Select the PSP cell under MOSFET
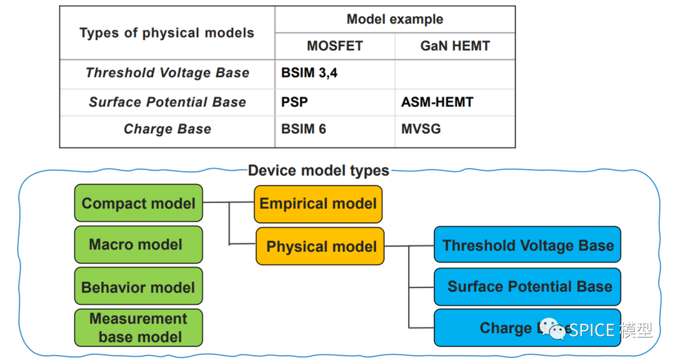point(294,102)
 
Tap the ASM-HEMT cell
point(437,102)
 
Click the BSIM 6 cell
point(304,129)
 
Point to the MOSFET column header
point(334,46)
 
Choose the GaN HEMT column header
point(455,46)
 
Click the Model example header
point(394,19)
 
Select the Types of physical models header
point(167,33)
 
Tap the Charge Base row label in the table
point(167,129)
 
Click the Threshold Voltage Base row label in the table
point(167,73)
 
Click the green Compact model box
point(138,203)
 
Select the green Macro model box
point(138,244)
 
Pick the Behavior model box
point(138,287)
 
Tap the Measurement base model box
point(138,327)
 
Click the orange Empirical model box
point(317,204)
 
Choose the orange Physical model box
point(320,246)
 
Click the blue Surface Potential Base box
point(527,287)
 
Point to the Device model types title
point(318,171)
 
